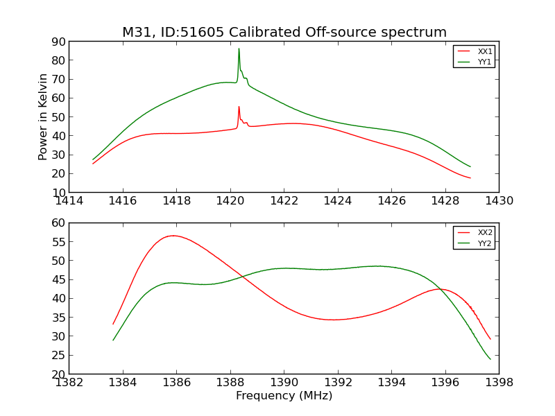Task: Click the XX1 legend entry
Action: [485, 51]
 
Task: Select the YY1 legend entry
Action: [485, 62]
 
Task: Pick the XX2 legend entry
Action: [485, 232]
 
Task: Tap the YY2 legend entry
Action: [485, 243]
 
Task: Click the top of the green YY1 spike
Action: [239, 49]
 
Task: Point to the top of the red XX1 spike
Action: [239, 107]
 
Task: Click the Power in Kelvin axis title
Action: [43, 116]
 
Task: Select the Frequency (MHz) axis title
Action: [284, 396]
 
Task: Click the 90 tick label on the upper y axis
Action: [58, 42]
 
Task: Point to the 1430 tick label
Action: [499, 201]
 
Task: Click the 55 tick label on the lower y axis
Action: [58, 242]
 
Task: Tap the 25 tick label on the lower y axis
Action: [58, 356]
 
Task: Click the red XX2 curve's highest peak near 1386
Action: [172, 236]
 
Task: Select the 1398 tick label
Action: [499, 383]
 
